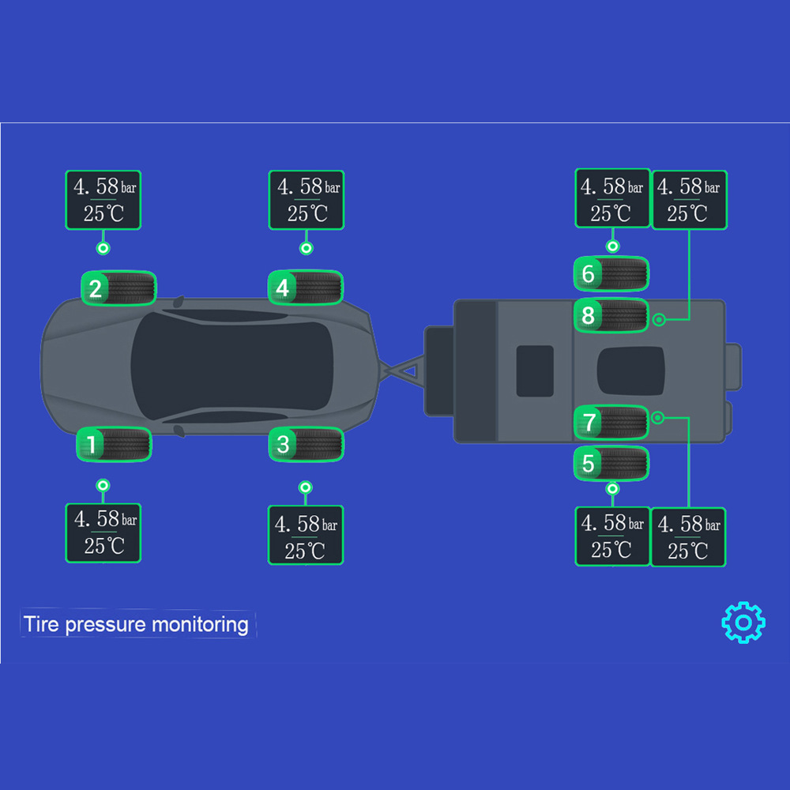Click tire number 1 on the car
click(114, 445)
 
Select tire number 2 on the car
click(119, 288)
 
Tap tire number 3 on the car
click(306, 444)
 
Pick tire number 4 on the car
click(306, 288)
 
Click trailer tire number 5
click(611, 464)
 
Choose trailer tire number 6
click(611, 274)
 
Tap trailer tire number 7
click(611, 422)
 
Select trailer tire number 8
click(611, 316)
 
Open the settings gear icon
click(743, 623)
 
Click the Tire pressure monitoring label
click(136, 624)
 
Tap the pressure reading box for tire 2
click(103, 200)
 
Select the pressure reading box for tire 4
click(307, 200)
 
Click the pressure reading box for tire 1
click(103, 533)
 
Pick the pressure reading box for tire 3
click(306, 535)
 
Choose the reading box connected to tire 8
click(689, 200)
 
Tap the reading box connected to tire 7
click(688, 536)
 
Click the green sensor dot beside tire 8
click(658, 320)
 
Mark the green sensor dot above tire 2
click(102, 248)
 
